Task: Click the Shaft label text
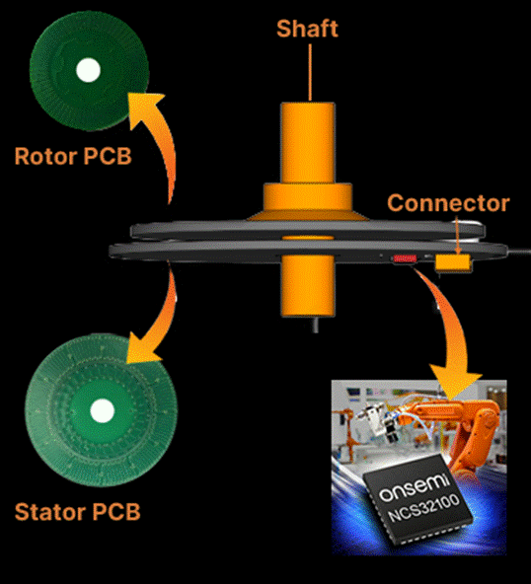coord(307,29)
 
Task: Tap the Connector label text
coord(448,203)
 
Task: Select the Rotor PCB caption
coord(73,156)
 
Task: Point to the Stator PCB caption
coord(78,512)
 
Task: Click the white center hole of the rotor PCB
coord(88,70)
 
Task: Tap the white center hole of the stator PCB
coord(102,410)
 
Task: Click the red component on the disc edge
coord(405,258)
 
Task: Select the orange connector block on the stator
coord(453,262)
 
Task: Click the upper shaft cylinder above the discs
coord(308,143)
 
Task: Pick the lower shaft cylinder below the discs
coord(308,286)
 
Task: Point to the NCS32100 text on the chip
coord(423,508)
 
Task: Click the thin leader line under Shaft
coord(310,72)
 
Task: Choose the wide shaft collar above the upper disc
coord(308,196)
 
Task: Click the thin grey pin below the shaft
coord(316,325)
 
